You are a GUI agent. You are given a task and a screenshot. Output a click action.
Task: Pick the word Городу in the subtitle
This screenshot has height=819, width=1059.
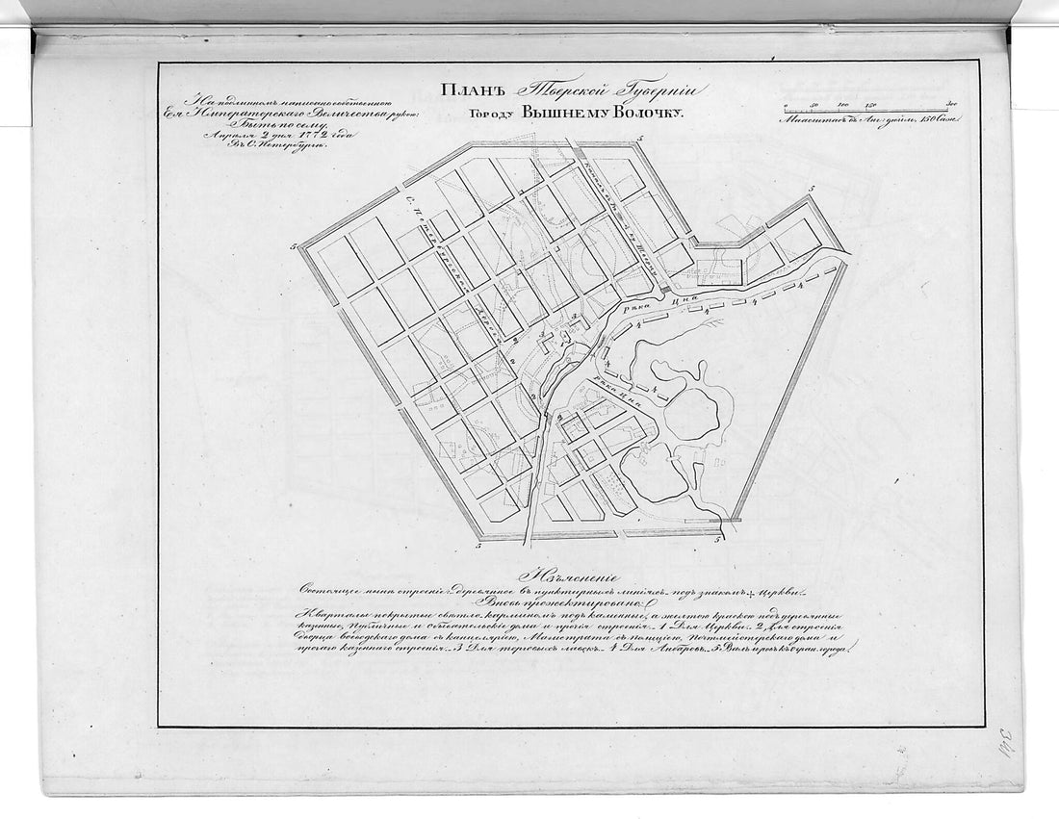[492, 114]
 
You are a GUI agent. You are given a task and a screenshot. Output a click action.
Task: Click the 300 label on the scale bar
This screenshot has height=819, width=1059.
[949, 102]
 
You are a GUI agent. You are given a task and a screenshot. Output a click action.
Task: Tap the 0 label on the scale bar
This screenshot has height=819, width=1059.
[785, 102]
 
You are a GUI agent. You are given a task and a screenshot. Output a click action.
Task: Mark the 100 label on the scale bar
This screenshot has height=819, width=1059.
[844, 102]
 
